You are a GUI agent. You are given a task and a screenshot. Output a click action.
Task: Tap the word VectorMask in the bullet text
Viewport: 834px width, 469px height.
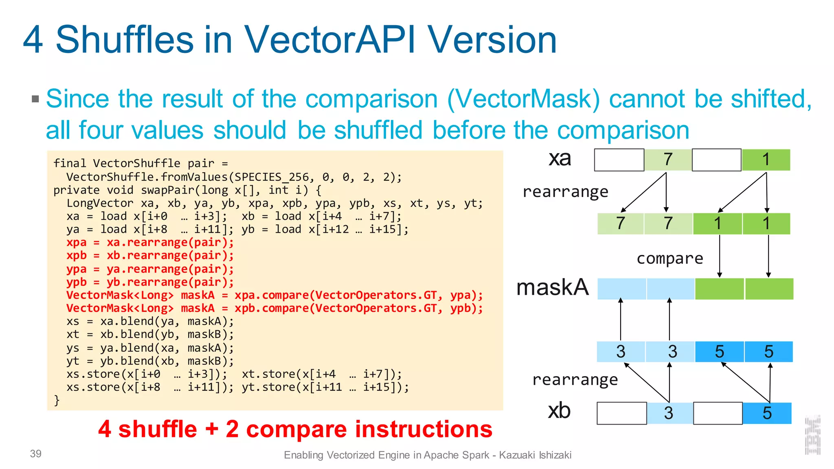click(x=524, y=99)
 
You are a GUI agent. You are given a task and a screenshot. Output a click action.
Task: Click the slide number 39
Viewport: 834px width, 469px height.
click(x=36, y=454)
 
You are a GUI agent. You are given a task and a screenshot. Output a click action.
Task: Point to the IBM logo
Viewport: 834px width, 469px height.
click(x=813, y=435)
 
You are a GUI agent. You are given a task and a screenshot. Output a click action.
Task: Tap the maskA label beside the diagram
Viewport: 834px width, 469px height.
click(x=552, y=287)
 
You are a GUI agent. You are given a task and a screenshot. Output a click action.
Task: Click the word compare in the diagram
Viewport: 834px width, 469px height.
click(x=670, y=258)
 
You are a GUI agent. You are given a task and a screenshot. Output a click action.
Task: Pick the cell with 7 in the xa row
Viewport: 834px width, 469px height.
click(x=668, y=160)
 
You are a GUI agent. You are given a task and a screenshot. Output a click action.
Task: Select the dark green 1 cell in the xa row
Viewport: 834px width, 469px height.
click(x=766, y=160)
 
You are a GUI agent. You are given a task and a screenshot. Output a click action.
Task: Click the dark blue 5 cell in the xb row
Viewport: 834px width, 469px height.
click(x=767, y=413)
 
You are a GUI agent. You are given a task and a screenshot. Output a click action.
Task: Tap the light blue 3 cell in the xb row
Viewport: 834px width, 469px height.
click(x=669, y=413)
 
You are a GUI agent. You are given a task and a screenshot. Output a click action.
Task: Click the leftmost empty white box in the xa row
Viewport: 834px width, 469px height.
click(x=619, y=160)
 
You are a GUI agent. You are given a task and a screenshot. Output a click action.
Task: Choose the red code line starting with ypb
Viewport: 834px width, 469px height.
click(x=150, y=282)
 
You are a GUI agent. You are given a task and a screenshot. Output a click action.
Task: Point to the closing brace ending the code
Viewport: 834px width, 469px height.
click(x=57, y=400)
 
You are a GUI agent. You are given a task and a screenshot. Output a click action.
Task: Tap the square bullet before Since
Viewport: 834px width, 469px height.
click(x=35, y=99)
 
